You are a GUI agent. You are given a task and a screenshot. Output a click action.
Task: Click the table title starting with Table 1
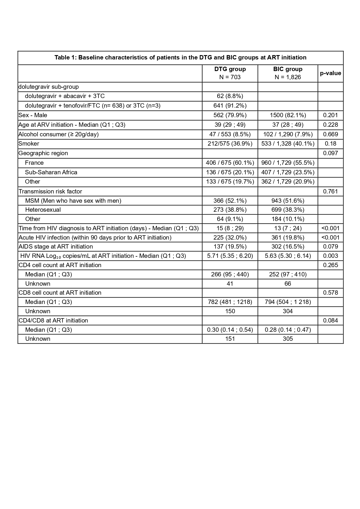click(x=180, y=57)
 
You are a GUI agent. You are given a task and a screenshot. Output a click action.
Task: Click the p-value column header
click(x=330, y=73)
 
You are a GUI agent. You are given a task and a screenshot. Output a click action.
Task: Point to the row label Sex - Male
click(x=33, y=115)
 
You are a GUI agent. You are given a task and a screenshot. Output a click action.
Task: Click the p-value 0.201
click(x=330, y=115)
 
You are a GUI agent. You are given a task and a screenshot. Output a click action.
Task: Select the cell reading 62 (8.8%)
click(x=230, y=96)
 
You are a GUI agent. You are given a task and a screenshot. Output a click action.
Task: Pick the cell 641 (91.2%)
click(x=230, y=106)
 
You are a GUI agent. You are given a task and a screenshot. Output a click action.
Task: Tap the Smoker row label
click(x=29, y=144)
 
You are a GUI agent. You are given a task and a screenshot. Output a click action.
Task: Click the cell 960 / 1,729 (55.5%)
click(x=287, y=163)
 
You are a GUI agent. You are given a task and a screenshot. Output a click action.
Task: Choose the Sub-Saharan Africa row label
click(x=51, y=172)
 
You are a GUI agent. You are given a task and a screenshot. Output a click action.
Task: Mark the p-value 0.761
click(x=330, y=191)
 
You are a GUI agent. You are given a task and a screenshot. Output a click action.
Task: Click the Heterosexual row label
click(x=43, y=210)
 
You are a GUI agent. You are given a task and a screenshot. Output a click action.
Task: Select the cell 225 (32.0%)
click(x=230, y=238)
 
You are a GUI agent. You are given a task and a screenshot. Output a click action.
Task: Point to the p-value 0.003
click(x=330, y=256)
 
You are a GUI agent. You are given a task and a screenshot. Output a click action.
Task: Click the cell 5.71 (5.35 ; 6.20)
click(x=230, y=256)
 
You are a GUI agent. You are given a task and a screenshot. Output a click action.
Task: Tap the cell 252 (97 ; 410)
click(x=287, y=274)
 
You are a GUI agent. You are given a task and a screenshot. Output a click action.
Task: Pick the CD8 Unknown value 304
click(x=287, y=311)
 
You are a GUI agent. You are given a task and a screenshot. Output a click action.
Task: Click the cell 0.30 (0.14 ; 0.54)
click(x=230, y=330)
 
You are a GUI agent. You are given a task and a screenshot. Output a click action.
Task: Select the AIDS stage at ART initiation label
click(x=56, y=247)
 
